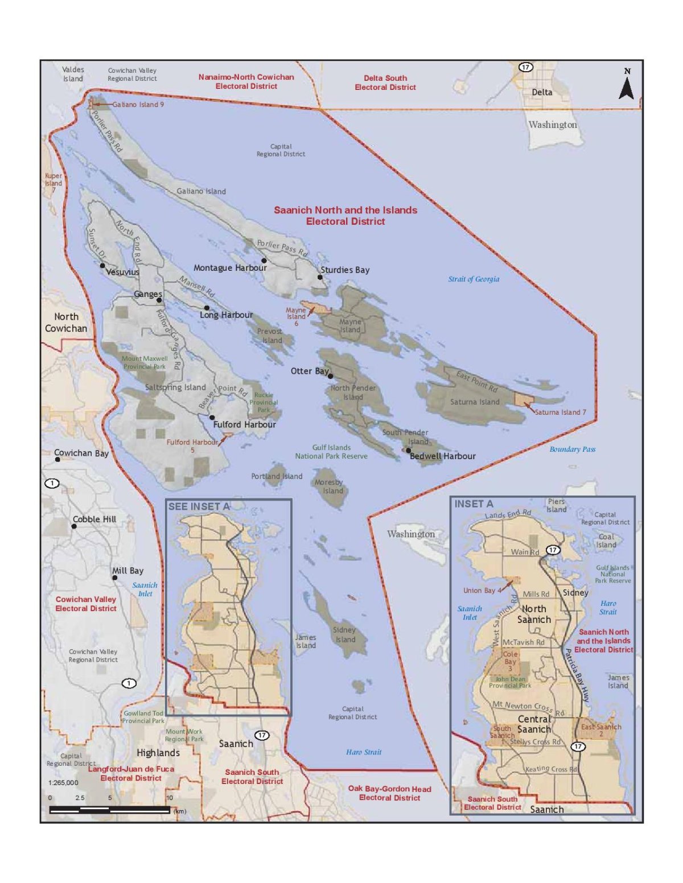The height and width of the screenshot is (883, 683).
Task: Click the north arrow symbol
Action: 627,85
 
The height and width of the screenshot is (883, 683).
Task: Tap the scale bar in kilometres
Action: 109,810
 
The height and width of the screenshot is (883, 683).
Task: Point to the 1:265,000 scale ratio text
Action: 63,783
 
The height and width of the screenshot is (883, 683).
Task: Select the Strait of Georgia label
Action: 474,279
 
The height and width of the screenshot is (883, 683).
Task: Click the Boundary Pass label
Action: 572,449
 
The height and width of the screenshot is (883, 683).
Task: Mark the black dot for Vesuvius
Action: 102,266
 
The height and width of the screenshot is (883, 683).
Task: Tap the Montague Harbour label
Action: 230,268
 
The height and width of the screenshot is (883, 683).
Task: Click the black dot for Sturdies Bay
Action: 320,278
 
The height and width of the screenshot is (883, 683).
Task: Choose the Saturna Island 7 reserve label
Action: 560,412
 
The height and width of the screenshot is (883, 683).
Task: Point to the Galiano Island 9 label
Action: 138,105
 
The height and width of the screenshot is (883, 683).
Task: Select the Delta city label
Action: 542,92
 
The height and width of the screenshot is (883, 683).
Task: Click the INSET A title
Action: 474,504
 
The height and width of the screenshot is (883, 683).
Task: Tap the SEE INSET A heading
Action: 199,506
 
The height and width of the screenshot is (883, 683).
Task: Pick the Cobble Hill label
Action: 94,519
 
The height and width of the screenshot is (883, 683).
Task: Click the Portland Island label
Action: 277,477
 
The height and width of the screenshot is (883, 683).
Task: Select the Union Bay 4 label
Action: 482,591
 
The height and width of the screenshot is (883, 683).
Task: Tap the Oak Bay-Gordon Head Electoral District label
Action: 389,793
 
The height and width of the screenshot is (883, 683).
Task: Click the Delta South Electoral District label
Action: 385,82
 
